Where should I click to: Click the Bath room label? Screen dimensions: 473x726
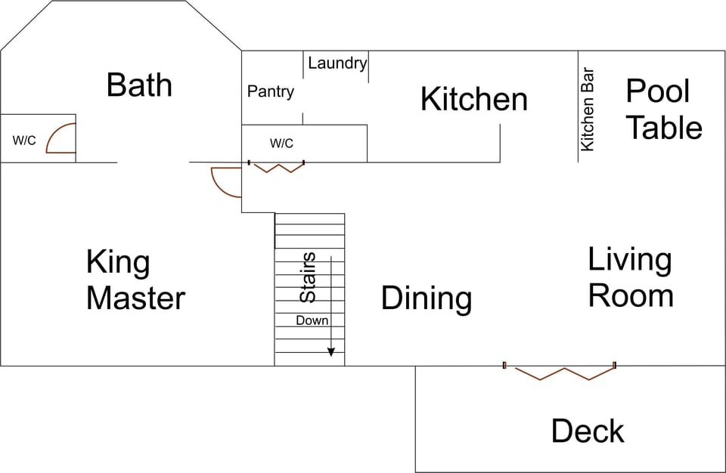pyautogui.click(x=139, y=85)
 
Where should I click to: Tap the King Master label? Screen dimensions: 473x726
pyautogui.click(x=135, y=280)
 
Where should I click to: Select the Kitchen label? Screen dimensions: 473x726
pyautogui.click(x=473, y=99)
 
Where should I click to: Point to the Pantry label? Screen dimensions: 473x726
pyautogui.click(x=270, y=91)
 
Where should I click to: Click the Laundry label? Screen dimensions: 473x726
pyautogui.click(x=337, y=63)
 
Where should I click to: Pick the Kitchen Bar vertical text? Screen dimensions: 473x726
pyautogui.click(x=588, y=110)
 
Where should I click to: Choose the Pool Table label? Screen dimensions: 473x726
pyautogui.click(x=663, y=110)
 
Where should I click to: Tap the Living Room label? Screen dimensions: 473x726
pyautogui.click(x=631, y=277)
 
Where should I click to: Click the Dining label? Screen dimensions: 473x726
pyautogui.click(x=426, y=298)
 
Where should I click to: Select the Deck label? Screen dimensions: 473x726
pyautogui.click(x=588, y=431)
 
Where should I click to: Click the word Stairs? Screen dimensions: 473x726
pyautogui.click(x=308, y=278)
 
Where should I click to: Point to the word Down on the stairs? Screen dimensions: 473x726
pyautogui.click(x=312, y=320)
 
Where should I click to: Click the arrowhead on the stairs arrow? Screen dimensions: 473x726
pyautogui.click(x=331, y=352)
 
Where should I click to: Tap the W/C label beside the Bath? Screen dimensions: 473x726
pyautogui.click(x=24, y=141)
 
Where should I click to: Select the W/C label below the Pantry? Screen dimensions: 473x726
pyautogui.click(x=281, y=144)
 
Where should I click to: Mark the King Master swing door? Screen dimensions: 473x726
pyautogui.click(x=225, y=181)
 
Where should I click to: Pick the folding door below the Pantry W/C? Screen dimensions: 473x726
pyautogui.click(x=276, y=166)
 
